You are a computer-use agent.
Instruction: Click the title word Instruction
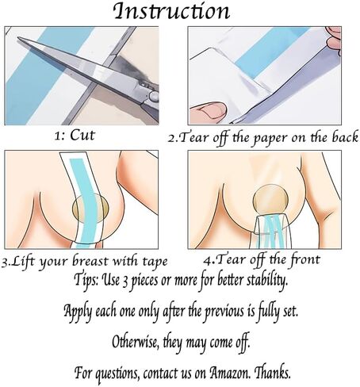(x=172, y=11)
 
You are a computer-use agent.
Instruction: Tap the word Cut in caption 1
(x=82, y=135)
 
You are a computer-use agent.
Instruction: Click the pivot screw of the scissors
(x=153, y=95)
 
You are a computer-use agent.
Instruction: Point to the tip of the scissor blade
(x=18, y=37)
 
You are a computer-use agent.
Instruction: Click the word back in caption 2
(x=345, y=137)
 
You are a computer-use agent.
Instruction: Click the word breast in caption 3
(x=90, y=261)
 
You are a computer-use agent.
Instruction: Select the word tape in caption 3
(x=155, y=262)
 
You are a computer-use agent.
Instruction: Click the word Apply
(x=78, y=312)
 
